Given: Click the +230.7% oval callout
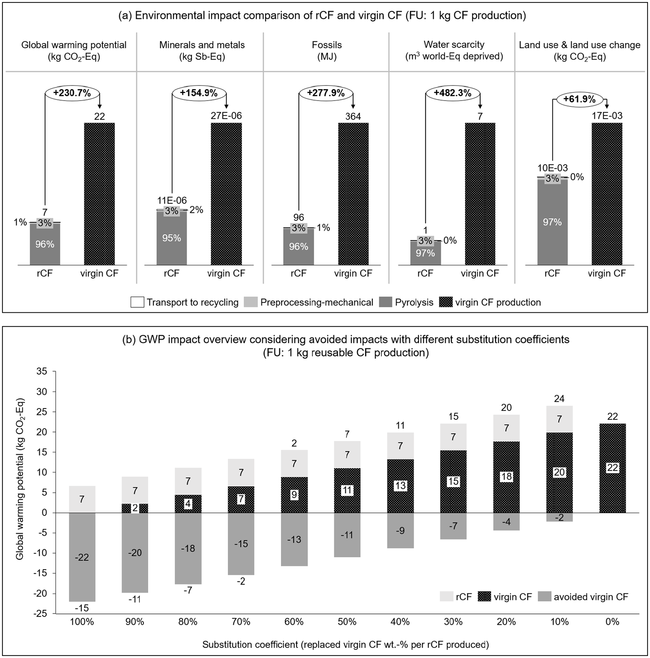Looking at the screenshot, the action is coord(72,93).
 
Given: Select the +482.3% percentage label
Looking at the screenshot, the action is coord(452,93).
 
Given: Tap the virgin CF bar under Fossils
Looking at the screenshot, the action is coord(353,194).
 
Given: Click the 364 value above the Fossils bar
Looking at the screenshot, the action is coord(353,116).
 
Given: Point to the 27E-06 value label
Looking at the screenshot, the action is coord(226,116).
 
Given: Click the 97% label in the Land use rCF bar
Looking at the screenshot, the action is coord(552,222).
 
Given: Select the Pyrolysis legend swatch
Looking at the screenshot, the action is coord(386,302).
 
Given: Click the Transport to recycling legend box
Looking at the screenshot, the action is coord(137,302).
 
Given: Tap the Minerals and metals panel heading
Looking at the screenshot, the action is coord(202,45).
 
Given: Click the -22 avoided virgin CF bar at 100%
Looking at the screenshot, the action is coord(82,557).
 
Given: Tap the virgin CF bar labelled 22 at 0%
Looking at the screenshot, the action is coord(613,468).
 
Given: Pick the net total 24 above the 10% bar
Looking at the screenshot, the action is coord(559,399).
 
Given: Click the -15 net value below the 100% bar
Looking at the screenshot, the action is coord(82,608).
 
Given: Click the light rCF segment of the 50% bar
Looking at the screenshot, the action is coord(347,454).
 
